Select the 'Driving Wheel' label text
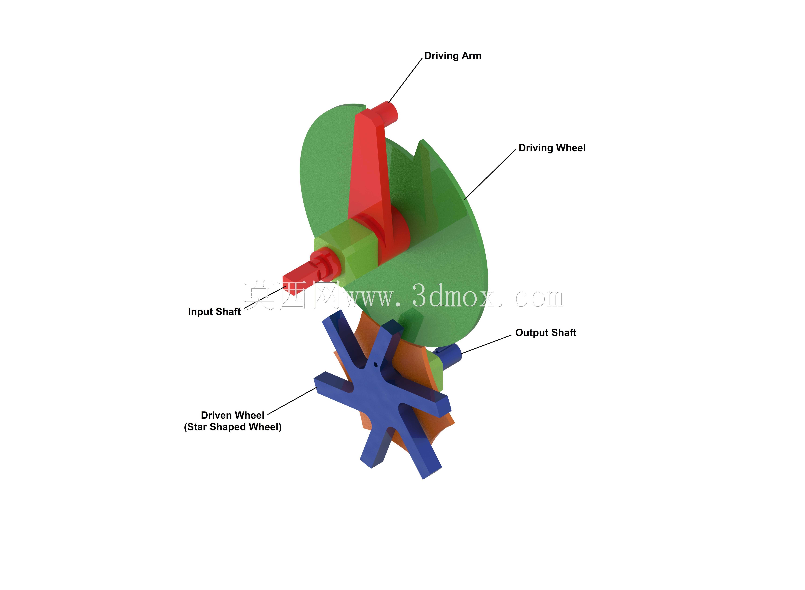pos(552,148)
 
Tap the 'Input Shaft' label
pos(214,312)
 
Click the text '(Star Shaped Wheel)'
pos(233,427)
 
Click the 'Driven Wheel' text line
pos(233,415)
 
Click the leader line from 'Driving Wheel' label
pos(490,174)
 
